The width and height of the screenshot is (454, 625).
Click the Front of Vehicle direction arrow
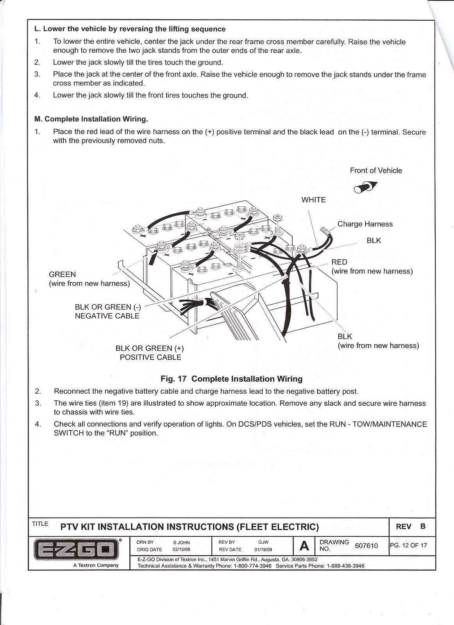click(366, 187)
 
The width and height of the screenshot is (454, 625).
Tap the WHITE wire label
click(313, 200)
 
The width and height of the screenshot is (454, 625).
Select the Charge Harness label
click(365, 224)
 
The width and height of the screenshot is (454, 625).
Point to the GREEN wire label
click(63, 275)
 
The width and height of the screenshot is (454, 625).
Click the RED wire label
click(339, 262)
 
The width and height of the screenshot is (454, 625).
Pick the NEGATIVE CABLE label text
click(107, 316)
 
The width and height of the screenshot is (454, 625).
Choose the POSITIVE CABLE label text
click(150, 357)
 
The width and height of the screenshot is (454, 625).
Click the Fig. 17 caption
click(231, 379)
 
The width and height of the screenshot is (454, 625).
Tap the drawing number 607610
click(366, 546)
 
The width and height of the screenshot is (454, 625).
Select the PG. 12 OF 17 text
click(408, 545)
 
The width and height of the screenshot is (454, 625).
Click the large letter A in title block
click(304, 546)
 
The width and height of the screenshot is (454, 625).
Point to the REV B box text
click(411, 527)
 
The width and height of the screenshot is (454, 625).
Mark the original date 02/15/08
click(181, 550)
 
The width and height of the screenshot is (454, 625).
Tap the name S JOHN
click(181, 543)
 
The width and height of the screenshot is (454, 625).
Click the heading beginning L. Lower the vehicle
click(130, 29)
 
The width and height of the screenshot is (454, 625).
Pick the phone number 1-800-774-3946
click(252, 566)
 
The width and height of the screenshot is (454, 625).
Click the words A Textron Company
click(96, 565)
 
